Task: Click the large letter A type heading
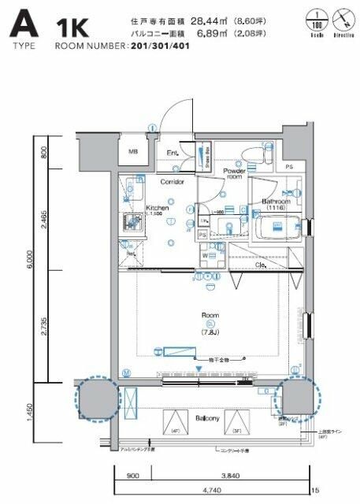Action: (x=23, y=24)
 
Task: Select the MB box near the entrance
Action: (x=134, y=151)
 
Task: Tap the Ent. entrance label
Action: (x=173, y=153)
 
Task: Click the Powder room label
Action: (x=234, y=173)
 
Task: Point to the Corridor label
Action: (x=172, y=182)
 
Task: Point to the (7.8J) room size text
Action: (x=187, y=332)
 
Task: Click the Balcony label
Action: (x=207, y=418)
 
